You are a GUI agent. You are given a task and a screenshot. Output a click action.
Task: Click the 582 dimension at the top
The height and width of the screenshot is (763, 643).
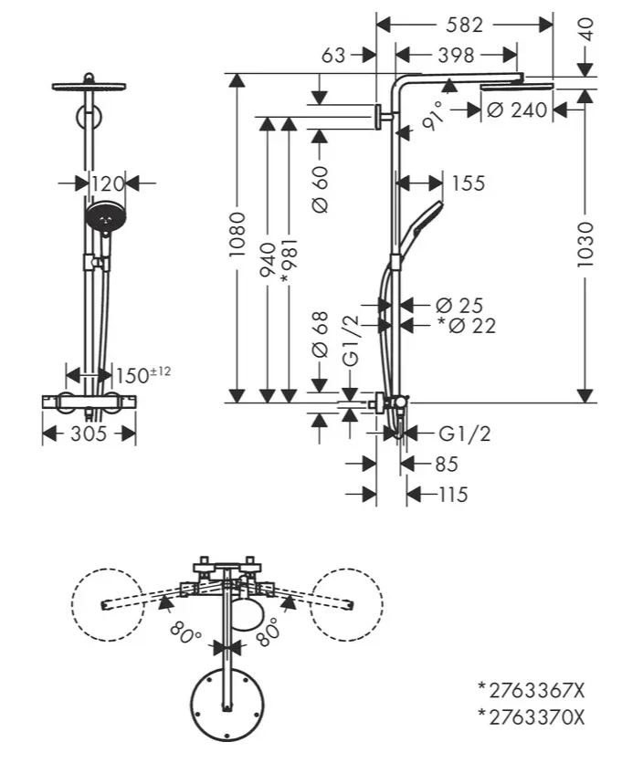pyautogui.click(x=464, y=25)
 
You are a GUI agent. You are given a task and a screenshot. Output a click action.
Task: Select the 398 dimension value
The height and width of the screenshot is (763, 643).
pyautogui.click(x=456, y=56)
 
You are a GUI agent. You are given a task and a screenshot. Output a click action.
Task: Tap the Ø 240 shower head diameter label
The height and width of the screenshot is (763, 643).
pyautogui.click(x=517, y=110)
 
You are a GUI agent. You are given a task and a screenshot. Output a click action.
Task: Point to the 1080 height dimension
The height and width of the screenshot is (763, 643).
pyautogui.click(x=237, y=234)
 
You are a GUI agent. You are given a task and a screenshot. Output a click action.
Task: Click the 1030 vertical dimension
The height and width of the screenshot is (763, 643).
pyautogui.click(x=585, y=245)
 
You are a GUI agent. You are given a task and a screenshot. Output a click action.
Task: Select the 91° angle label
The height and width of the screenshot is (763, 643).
pyautogui.click(x=434, y=116)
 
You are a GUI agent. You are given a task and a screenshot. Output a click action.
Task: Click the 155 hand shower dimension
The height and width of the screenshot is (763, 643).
pyautogui.click(x=469, y=183)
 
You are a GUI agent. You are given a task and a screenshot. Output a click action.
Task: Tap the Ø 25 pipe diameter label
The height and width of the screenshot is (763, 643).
pyautogui.click(x=459, y=306)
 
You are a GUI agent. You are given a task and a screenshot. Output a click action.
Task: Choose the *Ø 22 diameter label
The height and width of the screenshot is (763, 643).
pyautogui.click(x=467, y=326)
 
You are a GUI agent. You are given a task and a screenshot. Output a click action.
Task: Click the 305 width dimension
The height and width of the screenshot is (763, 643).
pyautogui.click(x=89, y=434)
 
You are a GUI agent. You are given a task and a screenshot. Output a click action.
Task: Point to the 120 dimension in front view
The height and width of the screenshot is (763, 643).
pyautogui.click(x=108, y=184)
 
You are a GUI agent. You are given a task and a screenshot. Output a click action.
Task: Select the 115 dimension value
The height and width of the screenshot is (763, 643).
pyautogui.click(x=453, y=495)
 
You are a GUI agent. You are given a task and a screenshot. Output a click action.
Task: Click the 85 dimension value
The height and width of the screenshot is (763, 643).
pyautogui.click(x=447, y=464)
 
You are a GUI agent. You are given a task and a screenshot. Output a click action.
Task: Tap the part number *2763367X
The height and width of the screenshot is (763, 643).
pyautogui.click(x=531, y=690)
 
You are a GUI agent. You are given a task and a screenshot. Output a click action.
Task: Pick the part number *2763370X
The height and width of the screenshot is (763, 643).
pyautogui.click(x=531, y=717)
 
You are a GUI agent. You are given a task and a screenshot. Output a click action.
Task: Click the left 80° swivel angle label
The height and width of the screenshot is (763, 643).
pyautogui.click(x=185, y=633)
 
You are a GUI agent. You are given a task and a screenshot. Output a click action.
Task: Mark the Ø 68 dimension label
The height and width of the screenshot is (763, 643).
pyautogui.click(x=320, y=335)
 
